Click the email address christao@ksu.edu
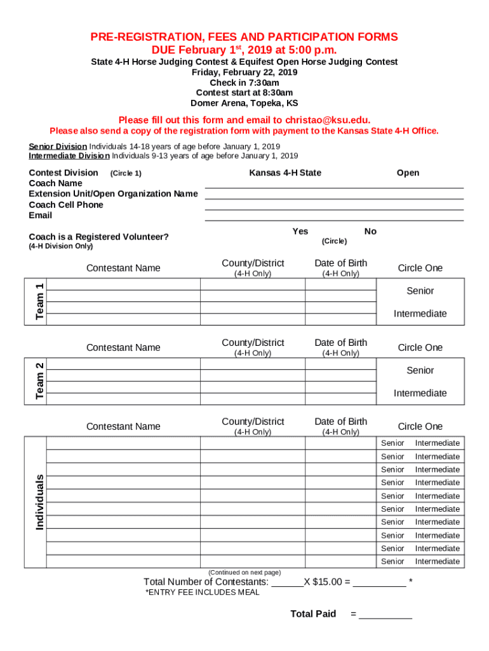pos(328,120)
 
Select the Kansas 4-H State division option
pos(285,173)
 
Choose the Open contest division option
pos(408,173)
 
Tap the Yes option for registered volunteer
pos(300,231)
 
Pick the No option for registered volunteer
pos(370,231)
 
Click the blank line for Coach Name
pos(334,184)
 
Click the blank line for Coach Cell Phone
pos(334,206)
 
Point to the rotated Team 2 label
pos(39,381)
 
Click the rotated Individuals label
pos(39,502)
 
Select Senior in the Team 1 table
pos(420,291)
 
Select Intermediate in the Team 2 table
pos(420,393)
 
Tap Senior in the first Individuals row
pos(392,443)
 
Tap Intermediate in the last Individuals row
pos(437,561)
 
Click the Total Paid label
pos(313,613)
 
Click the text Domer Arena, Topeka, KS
pos(245,103)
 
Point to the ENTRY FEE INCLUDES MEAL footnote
pos(203,593)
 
